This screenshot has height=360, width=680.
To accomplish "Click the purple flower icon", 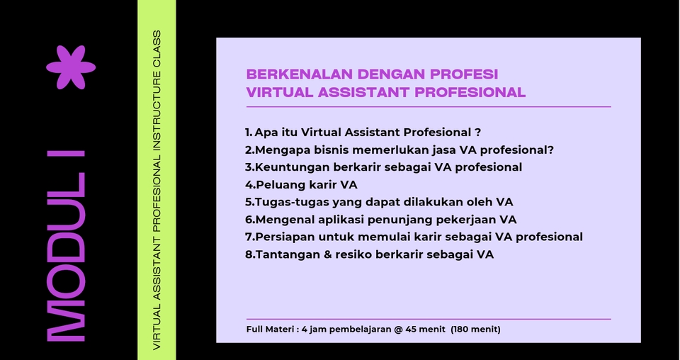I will point(71,67).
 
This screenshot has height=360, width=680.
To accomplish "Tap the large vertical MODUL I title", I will point(66,246).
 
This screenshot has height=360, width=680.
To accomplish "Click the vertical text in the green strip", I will point(157,190).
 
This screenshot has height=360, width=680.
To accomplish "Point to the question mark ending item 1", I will point(478,133).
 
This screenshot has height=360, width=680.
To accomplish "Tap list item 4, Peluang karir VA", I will point(301,185).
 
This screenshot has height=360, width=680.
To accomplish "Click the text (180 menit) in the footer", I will point(476,330).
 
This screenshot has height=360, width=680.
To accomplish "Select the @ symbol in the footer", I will point(399,330).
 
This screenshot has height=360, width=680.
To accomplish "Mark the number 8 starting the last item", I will point(249,254).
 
